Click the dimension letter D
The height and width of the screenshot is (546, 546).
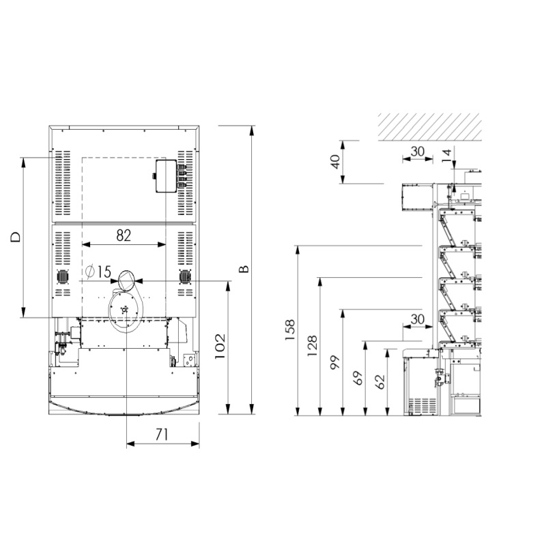[15, 237]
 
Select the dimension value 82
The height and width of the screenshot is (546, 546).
[124, 235]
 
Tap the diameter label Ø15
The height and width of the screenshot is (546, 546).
[98, 272]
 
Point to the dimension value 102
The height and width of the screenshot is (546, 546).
[220, 347]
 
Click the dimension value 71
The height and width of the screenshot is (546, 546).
[162, 434]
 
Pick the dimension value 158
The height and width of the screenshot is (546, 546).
[289, 330]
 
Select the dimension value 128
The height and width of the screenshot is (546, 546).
[313, 345]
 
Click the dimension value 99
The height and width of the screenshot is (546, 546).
[335, 362]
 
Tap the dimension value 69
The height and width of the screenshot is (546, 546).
[358, 378]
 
